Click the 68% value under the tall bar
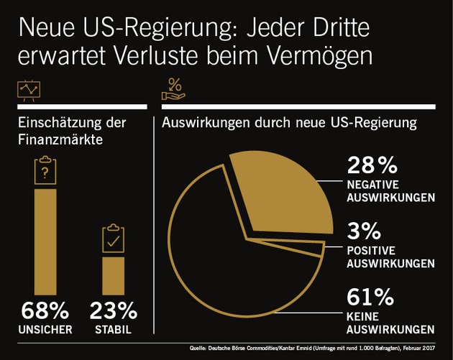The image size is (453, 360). click(45, 312)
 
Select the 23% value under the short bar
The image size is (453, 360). click(113, 312)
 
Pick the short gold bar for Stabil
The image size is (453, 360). click(113, 276)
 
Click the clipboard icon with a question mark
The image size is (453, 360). click(45, 170)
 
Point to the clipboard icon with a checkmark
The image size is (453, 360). click(113, 239)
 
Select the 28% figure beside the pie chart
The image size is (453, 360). click(372, 167)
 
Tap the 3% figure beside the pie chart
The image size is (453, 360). click(365, 231)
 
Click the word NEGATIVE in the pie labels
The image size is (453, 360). click(373, 184)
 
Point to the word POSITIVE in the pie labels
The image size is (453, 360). click(371, 249)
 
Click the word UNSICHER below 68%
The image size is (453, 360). click(45, 331)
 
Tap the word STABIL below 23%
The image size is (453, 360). click(113, 331)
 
